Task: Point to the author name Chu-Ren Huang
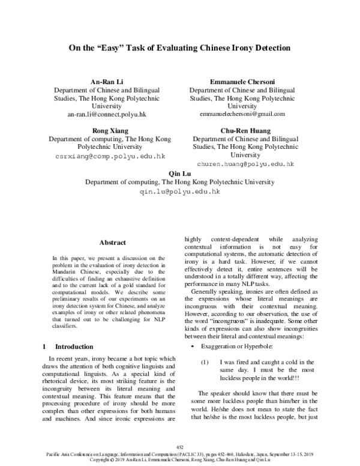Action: (x=245, y=130)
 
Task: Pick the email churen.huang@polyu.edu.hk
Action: (x=245, y=163)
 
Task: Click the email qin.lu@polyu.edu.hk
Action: (x=179, y=192)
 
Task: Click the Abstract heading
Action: (x=112, y=243)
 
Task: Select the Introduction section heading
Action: (x=74, y=347)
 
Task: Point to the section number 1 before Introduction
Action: (x=45, y=347)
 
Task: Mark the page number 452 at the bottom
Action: (x=179, y=447)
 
